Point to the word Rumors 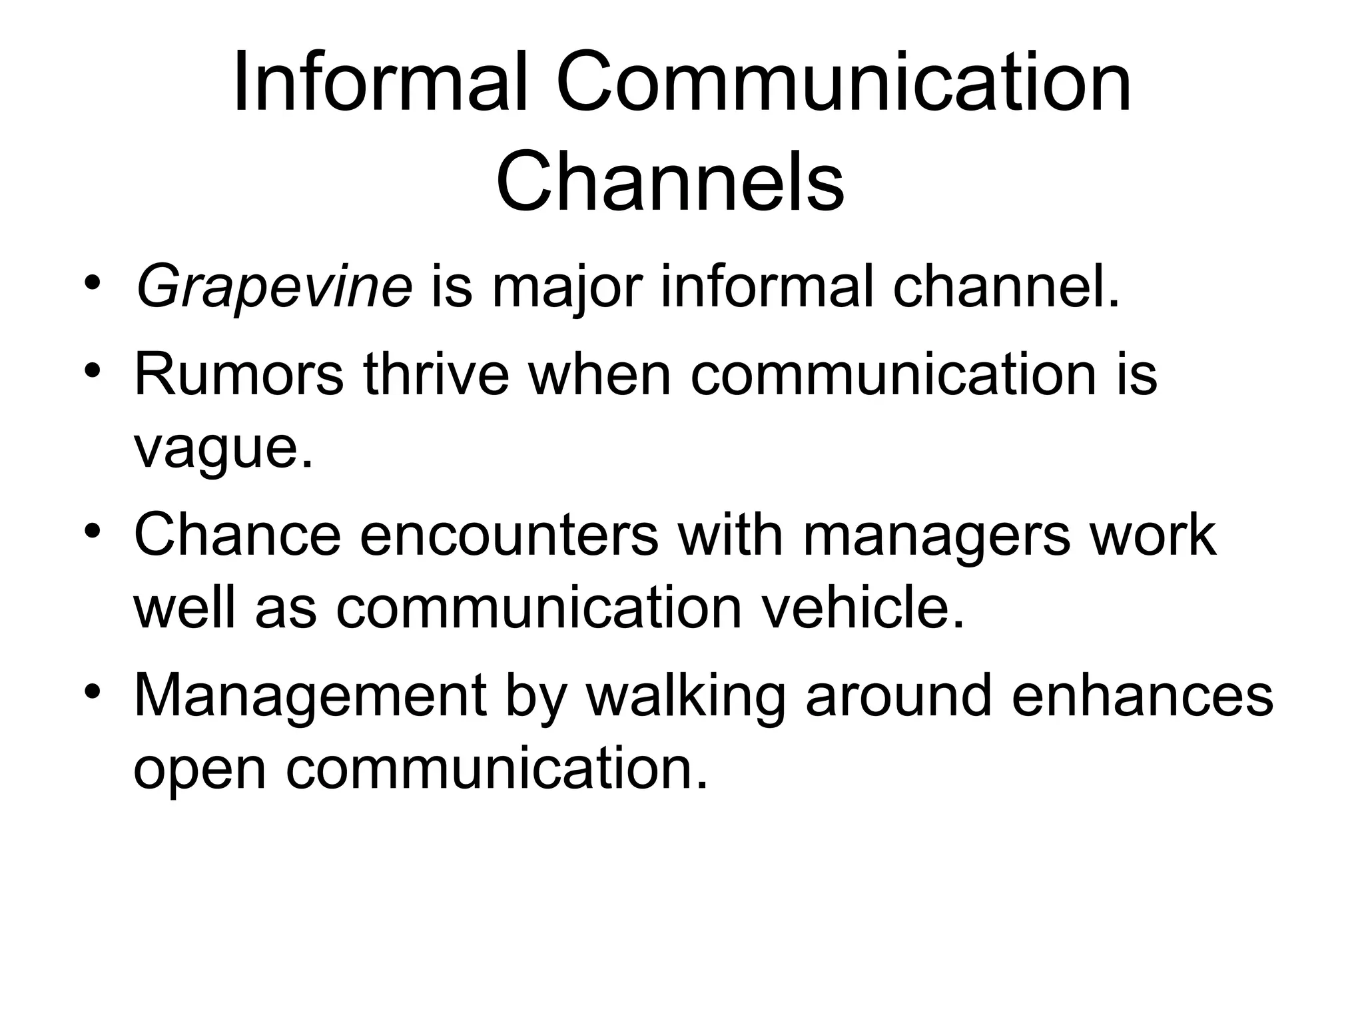239,374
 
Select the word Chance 237,534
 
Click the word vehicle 863,607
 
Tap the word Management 310,696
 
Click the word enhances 1142,696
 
